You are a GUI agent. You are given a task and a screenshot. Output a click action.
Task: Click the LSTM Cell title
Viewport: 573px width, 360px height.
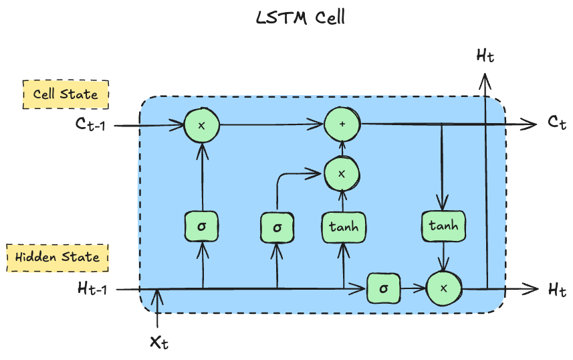click(301, 18)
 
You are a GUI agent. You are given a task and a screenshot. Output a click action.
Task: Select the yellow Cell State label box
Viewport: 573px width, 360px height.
click(66, 94)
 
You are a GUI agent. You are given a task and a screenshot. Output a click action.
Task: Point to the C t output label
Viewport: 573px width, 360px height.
click(557, 123)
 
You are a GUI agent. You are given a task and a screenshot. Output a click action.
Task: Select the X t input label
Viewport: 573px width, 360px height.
click(158, 342)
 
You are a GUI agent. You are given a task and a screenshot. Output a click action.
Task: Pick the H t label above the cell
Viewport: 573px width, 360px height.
click(485, 56)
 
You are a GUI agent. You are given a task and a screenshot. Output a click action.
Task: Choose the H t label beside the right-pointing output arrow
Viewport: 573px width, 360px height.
click(557, 290)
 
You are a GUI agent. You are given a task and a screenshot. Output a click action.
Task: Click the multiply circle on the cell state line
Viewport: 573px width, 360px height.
click(201, 125)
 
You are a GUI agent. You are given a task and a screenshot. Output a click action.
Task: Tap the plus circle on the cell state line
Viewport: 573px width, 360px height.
click(342, 124)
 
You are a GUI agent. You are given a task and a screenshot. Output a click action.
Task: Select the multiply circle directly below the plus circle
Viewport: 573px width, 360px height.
click(342, 174)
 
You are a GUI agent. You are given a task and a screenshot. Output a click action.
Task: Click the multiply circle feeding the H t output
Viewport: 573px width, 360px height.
click(444, 289)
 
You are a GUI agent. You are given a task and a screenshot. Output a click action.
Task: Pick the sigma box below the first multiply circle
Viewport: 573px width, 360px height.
click(201, 226)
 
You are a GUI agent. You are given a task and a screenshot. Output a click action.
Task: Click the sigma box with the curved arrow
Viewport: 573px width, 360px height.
click(277, 228)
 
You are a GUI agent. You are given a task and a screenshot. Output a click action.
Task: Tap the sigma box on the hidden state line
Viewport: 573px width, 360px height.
click(383, 289)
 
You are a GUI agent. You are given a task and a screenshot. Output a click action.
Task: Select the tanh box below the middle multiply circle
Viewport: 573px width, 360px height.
click(343, 227)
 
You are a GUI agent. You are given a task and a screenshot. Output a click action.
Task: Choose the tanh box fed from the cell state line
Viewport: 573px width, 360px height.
click(443, 226)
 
